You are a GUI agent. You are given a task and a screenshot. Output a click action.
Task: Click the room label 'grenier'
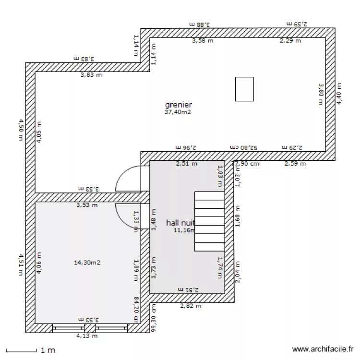coord(179,105)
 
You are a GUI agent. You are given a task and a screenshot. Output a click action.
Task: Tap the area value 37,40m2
coord(179,113)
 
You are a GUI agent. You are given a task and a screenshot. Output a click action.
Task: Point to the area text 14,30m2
coord(87,262)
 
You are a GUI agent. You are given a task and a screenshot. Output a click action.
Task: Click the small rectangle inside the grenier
coord(244,89)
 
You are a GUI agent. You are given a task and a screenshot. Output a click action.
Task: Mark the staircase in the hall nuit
coord(210,221)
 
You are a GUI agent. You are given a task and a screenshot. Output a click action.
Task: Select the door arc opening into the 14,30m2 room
coord(126,216)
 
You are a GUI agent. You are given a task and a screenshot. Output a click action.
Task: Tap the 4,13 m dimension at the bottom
coord(87,336)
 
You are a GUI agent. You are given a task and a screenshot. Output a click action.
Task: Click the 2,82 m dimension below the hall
coord(191,306)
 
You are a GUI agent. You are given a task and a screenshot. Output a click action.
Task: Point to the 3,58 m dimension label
coord(202,41)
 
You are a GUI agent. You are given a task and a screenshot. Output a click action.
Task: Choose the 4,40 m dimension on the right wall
coord(338,94)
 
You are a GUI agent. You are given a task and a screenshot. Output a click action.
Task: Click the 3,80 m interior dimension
coord(321,94)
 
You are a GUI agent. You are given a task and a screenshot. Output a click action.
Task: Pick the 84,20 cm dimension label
coord(136,310)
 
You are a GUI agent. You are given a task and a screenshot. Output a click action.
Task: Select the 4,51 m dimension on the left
coord(21,265)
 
